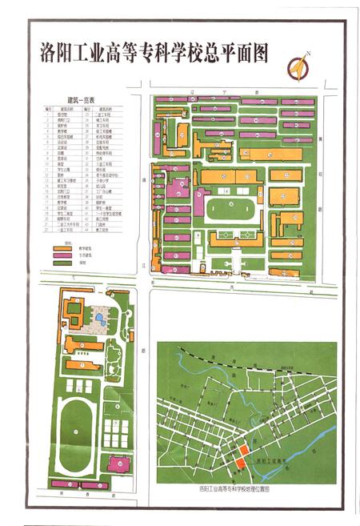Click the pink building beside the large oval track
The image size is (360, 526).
[119, 463]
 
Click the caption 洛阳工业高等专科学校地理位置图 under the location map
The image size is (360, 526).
[237, 488]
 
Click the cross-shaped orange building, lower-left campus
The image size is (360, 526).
[82, 345]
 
